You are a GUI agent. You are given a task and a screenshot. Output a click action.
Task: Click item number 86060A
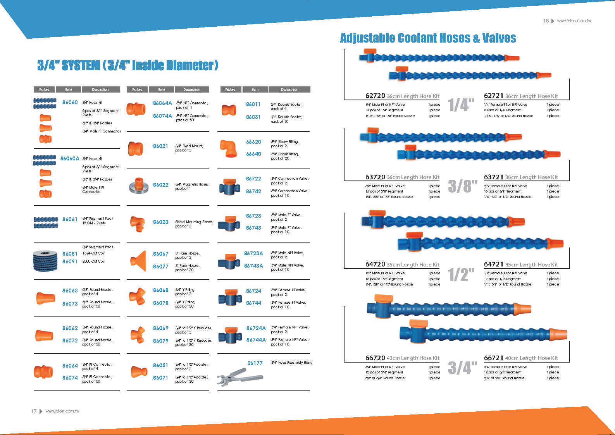(70, 158)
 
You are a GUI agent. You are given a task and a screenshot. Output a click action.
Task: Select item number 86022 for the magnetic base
(160, 185)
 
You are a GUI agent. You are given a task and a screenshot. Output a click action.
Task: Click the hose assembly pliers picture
(239, 376)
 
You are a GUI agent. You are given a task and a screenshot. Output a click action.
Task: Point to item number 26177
(255, 363)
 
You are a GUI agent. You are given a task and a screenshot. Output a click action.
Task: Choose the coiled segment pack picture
(45, 260)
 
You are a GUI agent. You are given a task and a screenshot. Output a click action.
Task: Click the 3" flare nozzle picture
(138, 260)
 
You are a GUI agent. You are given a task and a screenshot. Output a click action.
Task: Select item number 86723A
(253, 253)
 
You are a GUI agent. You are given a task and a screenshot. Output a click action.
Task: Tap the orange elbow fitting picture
(228, 148)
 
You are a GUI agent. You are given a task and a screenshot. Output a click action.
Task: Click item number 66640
(253, 154)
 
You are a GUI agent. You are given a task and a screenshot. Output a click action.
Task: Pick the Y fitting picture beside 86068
(137, 297)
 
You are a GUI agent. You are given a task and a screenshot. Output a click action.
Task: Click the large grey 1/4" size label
(461, 105)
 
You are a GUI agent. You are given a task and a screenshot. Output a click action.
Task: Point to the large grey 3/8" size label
(462, 186)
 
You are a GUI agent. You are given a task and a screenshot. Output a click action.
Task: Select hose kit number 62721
(493, 96)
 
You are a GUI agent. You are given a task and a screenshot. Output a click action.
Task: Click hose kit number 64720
(375, 264)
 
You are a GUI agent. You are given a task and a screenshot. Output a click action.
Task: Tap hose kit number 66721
(493, 358)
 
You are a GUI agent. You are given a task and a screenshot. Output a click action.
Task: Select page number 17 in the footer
(34, 411)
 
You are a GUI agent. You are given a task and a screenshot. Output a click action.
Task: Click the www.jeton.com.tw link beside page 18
(574, 21)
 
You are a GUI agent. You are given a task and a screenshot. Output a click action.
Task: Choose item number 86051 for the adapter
(160, 365)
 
